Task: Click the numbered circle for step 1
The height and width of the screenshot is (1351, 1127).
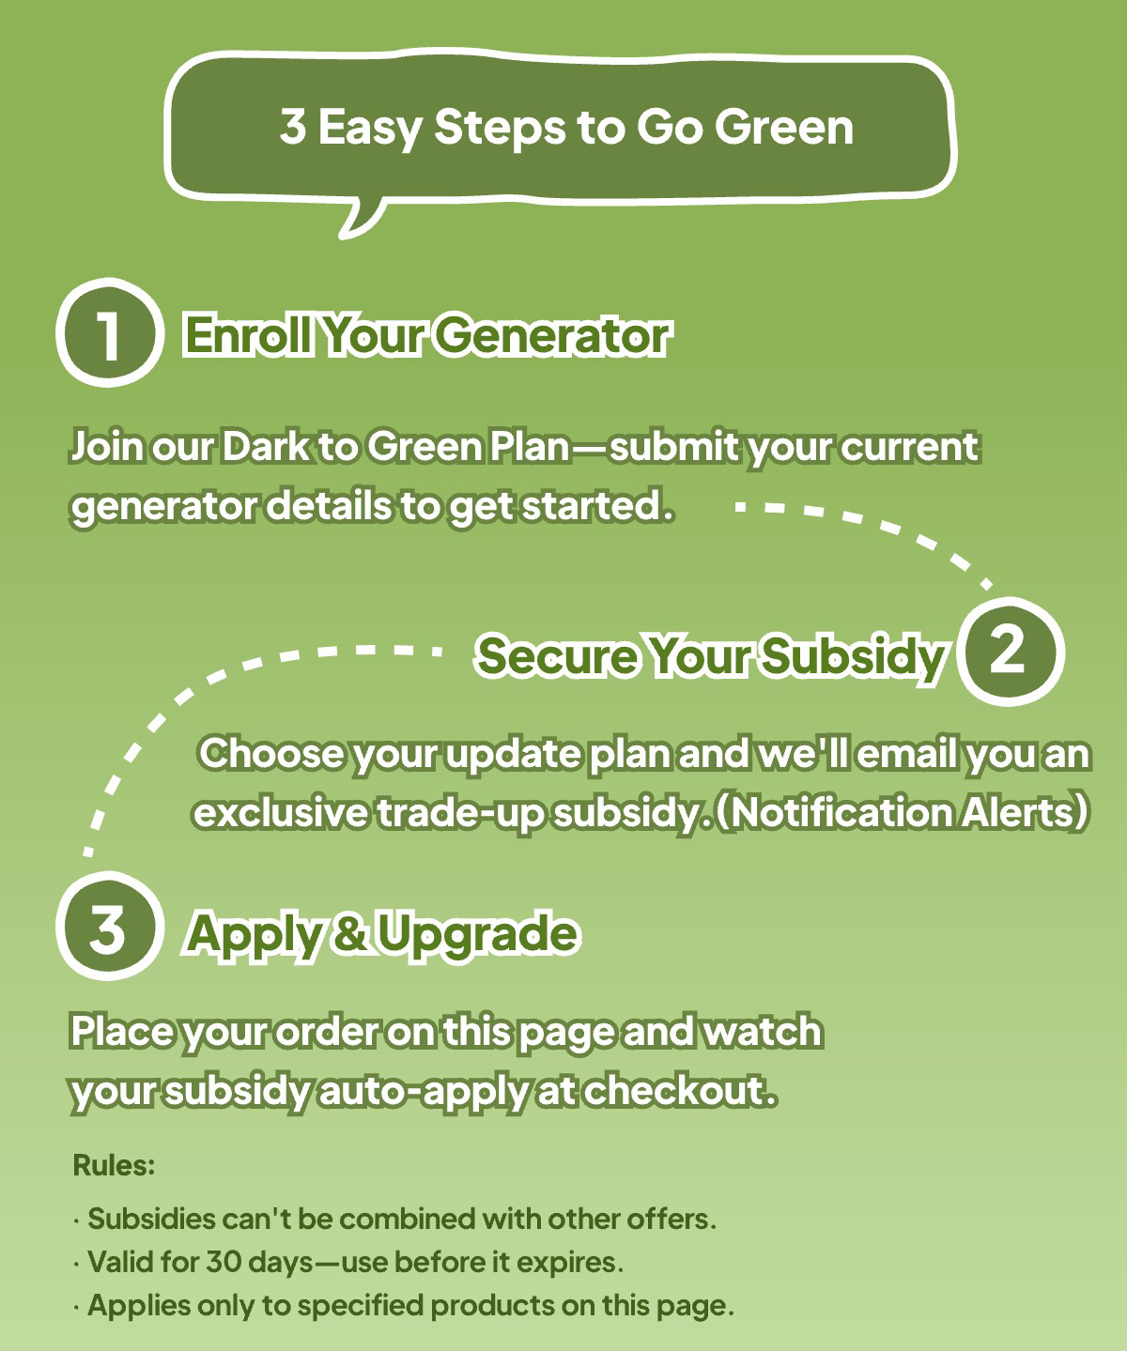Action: (x=109, y=332)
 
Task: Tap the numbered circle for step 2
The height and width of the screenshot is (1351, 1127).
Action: (x=1010, y=652)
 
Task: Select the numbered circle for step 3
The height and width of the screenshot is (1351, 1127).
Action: (x=109, y=926)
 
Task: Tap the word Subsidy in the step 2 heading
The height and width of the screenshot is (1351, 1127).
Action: (x=852, y=657)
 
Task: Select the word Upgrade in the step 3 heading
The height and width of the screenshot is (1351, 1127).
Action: (x=478, y=935)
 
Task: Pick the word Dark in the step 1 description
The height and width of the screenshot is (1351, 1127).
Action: (x=266, y=447)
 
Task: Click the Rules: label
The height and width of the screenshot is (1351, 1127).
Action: (x=114, y=1166)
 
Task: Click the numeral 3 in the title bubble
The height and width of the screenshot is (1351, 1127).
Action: (x=293, y=126)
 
